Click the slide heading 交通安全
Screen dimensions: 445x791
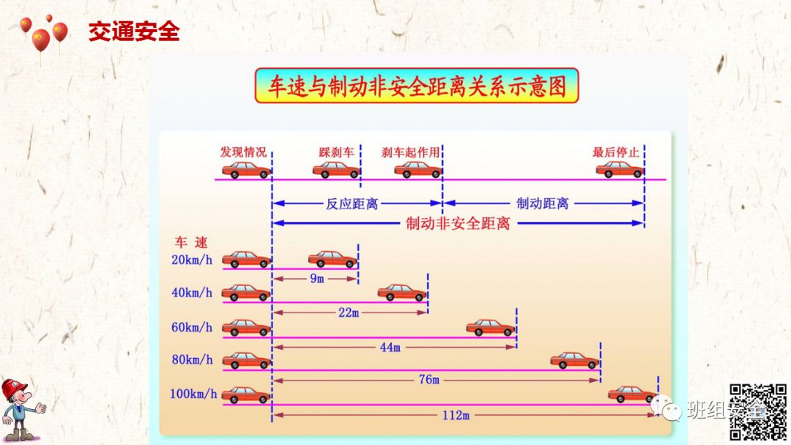[x=134, y=31]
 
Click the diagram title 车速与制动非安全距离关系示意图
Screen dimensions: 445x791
[x=416, y=86]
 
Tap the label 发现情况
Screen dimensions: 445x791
[x=243, y=152]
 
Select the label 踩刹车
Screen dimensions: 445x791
[x=336, y=152]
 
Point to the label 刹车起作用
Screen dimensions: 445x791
[x=411, y=152]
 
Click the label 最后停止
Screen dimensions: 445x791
[x=616, y=152]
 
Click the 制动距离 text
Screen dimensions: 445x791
[x=543, y=203]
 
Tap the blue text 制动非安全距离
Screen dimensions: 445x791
[x=458, y=223]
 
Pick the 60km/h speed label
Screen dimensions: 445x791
[x=192, y=327]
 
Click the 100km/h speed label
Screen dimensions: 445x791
[x=193, y=394]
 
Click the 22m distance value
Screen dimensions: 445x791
[x=349, y=313]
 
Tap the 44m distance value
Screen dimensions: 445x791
[x=390, y=347]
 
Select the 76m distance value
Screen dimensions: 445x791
[x=428, y=380]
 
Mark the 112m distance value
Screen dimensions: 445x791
[x=455, y=415]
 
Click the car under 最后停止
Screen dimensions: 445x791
[x=620, y=170]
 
